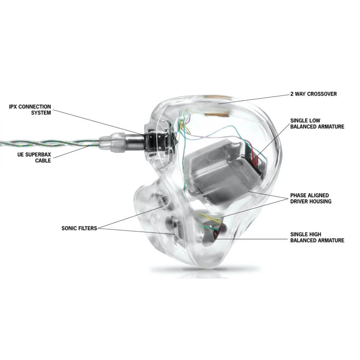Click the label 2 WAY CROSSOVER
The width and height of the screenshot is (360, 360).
314,94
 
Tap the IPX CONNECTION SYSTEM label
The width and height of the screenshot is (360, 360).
30,110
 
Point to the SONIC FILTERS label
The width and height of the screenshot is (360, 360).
79,228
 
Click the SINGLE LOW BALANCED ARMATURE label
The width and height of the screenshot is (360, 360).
317,123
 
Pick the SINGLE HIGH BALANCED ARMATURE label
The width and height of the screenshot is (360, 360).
317,237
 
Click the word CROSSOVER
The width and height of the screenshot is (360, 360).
322,94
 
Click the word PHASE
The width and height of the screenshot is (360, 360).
298,195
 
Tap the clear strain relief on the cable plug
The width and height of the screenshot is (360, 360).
112,142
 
